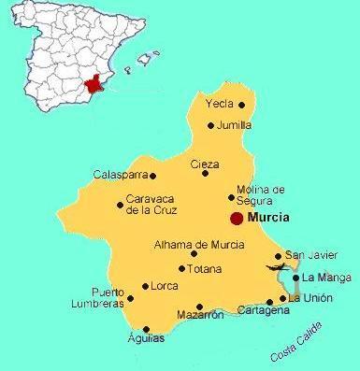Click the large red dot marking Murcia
(237, 218)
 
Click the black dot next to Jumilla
(211, 125)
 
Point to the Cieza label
(205, 164)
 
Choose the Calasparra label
(121, 174)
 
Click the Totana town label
(205, 268)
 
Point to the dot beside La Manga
(295, 278)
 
